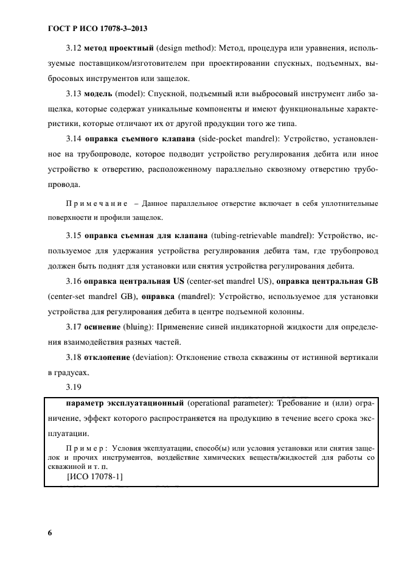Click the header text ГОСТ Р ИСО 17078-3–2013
(97, 29)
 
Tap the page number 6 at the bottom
(49, 533)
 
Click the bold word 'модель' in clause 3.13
(103, 94)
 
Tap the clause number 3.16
(75, 281)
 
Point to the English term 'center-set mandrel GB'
(86, 297)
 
